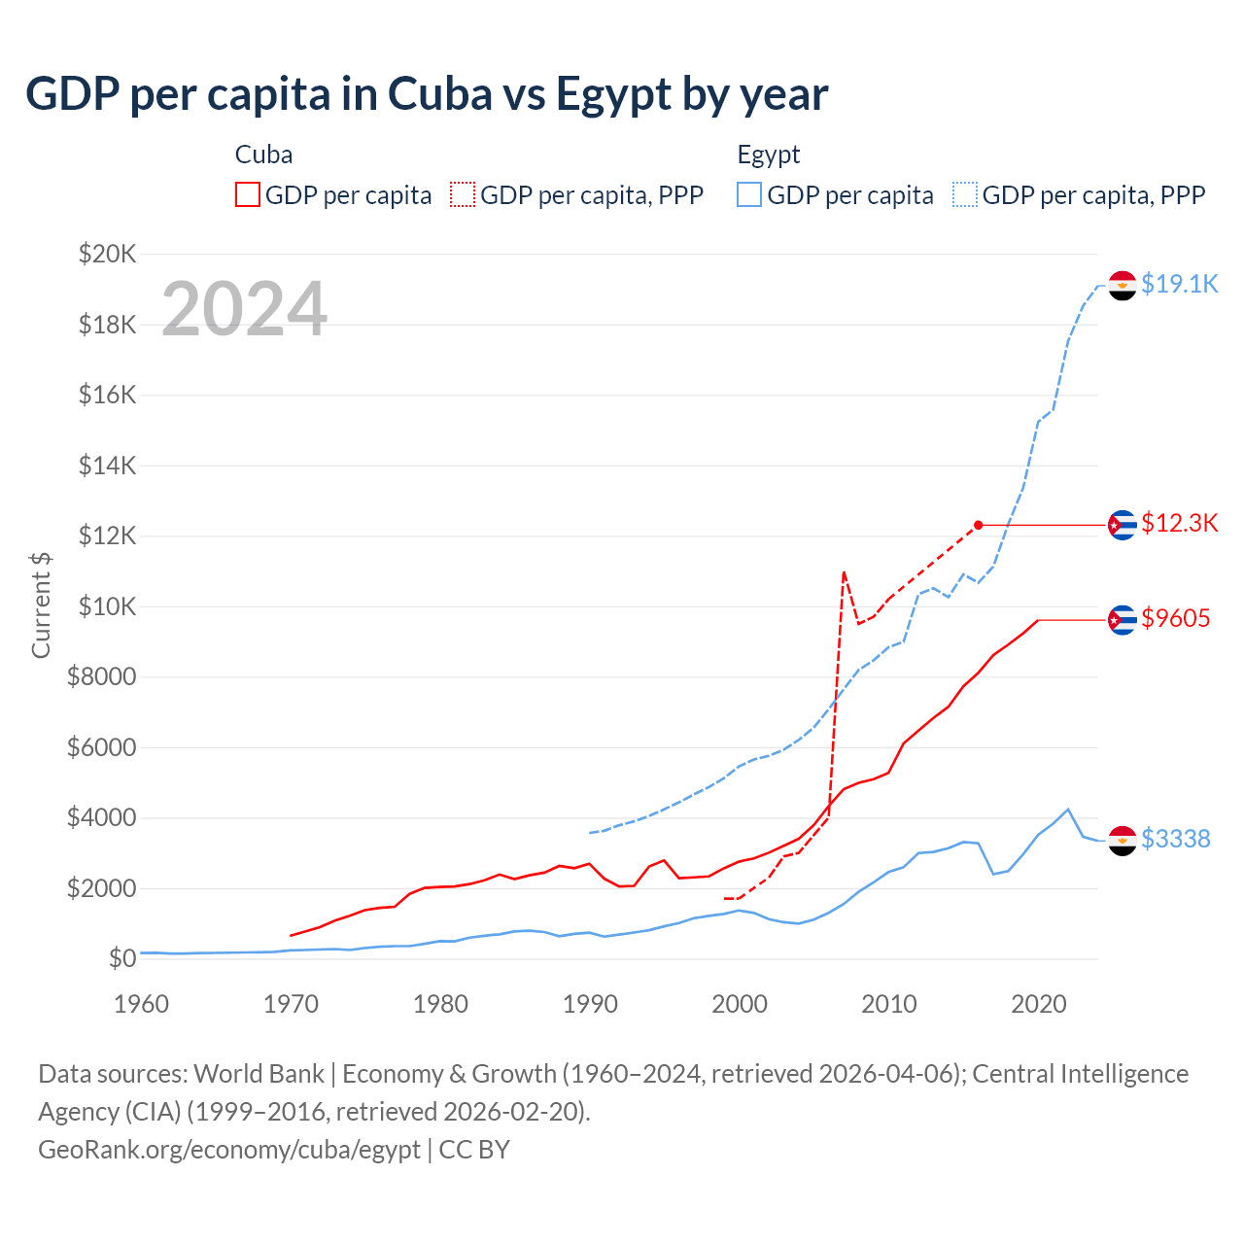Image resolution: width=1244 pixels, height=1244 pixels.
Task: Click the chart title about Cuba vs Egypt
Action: tap(427, 94)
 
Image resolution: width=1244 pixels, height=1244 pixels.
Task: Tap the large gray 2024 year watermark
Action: tap(244, 309)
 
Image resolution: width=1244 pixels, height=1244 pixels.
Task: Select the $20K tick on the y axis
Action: tap(107, 255)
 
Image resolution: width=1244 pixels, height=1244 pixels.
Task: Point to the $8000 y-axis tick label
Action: tap(101, 677)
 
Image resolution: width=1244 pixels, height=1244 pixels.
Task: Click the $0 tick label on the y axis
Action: tap(122, 959)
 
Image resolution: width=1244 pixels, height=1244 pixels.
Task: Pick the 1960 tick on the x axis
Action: tap(142, 1004)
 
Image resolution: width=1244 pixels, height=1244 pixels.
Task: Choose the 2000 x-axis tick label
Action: tap(740, 1004)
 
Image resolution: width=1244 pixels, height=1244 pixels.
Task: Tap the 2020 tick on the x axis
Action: tap(1039, 1004)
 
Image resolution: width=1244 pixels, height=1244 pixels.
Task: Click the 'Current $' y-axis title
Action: tap(41, 605)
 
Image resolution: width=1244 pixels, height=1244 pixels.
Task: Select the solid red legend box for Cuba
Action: tap(248, 195)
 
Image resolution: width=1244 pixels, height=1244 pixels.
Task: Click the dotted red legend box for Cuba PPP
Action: tap(463, 195)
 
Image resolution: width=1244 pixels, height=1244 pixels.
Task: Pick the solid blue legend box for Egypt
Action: tap(749, 195)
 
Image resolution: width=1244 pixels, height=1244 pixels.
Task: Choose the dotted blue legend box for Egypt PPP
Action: tap(965, 195)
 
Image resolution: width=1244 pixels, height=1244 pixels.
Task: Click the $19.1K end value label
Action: tap(1179, 284)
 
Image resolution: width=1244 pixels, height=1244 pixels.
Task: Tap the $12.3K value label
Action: tap(1179, 524)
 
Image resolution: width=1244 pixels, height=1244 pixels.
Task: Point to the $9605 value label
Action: tap(1175, 618)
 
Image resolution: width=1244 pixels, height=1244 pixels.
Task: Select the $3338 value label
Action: tap(1175, 839)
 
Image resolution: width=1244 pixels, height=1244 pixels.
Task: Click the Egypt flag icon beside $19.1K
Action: tap(1123, 286)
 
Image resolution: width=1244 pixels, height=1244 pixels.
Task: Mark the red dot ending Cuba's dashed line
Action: tap(979, 525)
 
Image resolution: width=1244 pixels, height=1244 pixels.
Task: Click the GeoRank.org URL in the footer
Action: tap(229, 1150)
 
